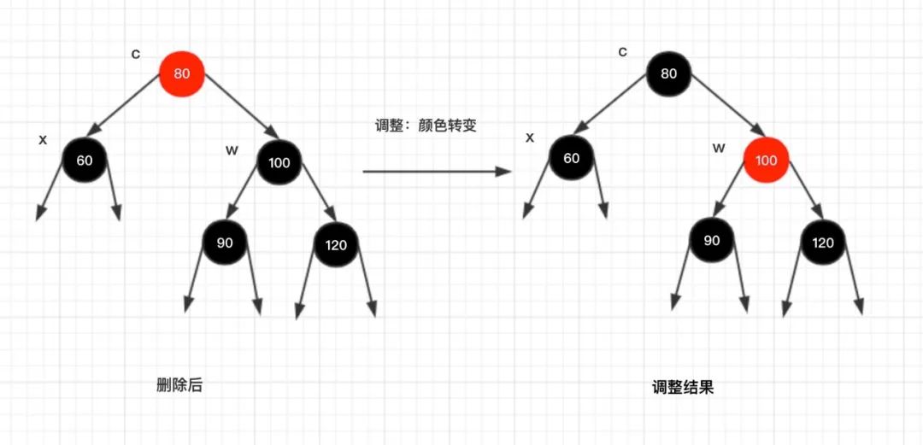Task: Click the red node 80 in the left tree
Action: [x=181, y=73]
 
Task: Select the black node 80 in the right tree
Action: [x=668, y=73]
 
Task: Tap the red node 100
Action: [x=766, y=160]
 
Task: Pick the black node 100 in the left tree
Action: [x=279, y=162]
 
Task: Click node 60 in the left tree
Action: [x=84, y=159]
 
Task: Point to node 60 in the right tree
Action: [x=571, y=158]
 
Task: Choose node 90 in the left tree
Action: [x=224, y=243]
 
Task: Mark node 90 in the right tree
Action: [x=711, y=240]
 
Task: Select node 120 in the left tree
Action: [x=336, y=245]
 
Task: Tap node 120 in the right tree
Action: [x=822, y=243]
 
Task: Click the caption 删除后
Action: [x=179, y=385]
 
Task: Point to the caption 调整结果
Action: [x=682, y=388]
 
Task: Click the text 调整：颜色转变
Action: [x=426, y=126]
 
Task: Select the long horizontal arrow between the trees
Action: [x=436, y=172]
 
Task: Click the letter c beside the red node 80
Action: [x=135, y=54]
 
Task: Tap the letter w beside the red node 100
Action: [x=718, y=148]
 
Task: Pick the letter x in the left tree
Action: [x=43, y=139]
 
